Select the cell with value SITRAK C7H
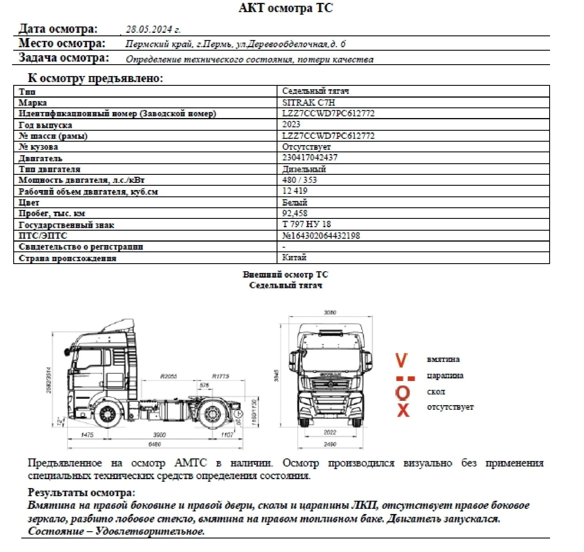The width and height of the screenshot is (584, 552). point(309,103)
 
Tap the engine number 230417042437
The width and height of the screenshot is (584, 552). point(310,158)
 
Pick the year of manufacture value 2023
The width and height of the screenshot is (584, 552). point(291,124)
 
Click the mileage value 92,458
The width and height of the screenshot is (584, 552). point(295,213)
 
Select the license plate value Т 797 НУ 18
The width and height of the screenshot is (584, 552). point(307,224)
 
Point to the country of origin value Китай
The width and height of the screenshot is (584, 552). point(294,257)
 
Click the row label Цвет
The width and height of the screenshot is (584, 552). point(29,202)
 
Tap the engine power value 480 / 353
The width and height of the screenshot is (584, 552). point(299,180)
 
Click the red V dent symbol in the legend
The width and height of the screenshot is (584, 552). point(401,360)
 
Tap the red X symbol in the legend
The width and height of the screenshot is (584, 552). point(403,410)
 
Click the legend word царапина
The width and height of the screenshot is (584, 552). point(445,376)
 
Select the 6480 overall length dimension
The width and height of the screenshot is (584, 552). point(155,444)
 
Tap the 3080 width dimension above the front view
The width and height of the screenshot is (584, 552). point(330,312)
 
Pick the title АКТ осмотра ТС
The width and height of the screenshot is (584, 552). point(286,8)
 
